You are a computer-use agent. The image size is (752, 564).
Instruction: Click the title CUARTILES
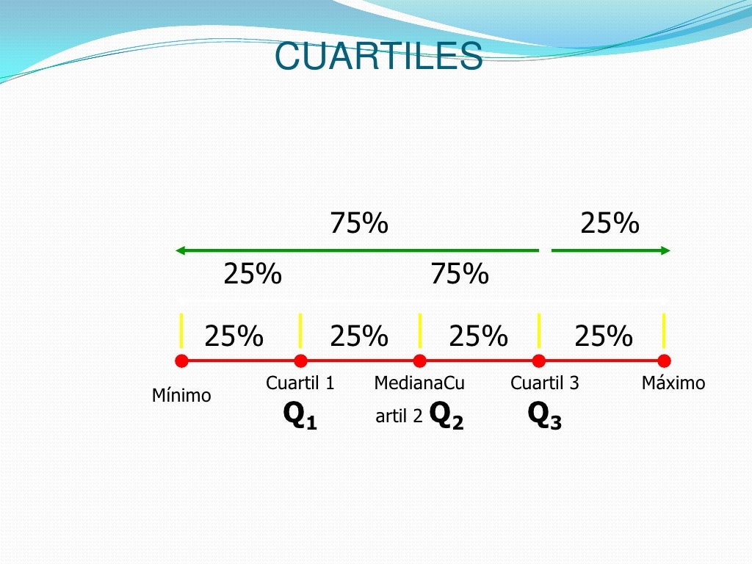click(378, 57)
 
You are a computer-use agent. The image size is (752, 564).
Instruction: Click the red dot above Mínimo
click(181, 361)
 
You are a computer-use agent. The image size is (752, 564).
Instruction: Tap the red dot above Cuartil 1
click(300, 361)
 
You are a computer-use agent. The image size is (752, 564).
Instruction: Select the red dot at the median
click(419, 361)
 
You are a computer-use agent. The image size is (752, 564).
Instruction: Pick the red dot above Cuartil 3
click(538, 361)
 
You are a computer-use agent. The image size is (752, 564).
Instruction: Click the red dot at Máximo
click(664, 361)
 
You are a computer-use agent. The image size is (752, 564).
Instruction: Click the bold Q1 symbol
click(300, 416)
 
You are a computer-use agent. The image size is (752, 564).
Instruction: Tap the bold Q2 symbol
click(446, 416)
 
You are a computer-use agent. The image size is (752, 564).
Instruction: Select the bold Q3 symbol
click(544, 416)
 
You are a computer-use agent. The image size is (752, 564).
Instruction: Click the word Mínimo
click(181, 396)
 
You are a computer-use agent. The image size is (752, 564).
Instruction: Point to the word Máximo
click(673, 383)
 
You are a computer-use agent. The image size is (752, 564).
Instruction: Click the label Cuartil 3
click(544, 383)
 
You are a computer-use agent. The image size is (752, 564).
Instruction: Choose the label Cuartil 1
click(300, 383)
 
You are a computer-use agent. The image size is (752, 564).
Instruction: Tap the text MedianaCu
click(419, 383)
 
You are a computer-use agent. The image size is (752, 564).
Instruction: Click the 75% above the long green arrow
click(358, 223)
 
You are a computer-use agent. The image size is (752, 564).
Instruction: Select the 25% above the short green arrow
click(610, 223)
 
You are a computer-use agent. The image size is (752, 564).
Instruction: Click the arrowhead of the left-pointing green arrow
click(180, 250)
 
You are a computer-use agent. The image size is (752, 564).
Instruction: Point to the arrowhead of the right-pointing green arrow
click(665, 250)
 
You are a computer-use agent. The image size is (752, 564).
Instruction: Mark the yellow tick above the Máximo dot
click(664, 330)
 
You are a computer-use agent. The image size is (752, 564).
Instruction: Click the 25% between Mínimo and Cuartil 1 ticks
click(234, 336)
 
